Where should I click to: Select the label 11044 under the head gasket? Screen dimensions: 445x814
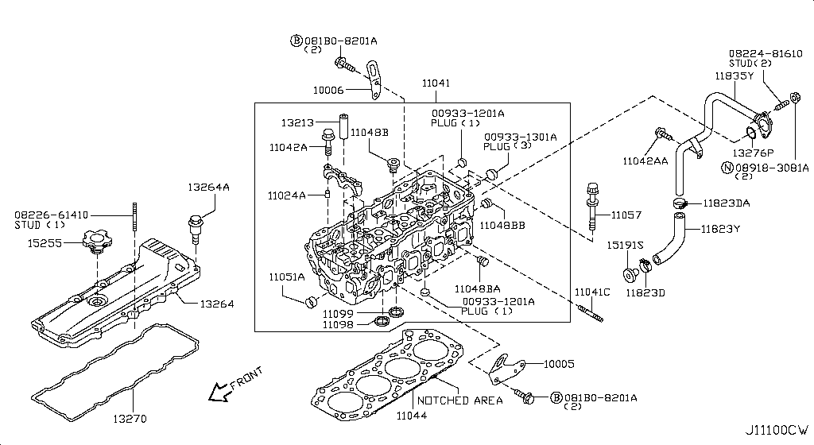pyautogui.click(x=412, y=415)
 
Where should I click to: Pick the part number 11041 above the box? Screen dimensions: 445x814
pyautogui.click(x=436, y=83)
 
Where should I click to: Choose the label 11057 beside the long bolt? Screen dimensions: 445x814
pyautogui.click(x=626, y=215)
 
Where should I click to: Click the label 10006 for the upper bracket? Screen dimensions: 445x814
pyautogui.click(x=328, y=91)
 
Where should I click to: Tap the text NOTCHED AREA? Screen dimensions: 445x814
pyautogui.click(x=459, y=400)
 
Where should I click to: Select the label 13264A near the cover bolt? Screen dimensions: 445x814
pyautogui.click(x=208, y=188)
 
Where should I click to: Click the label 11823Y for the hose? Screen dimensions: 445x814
pyautogui.click(x=719, y=230)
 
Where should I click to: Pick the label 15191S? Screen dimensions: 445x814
pyautogui.click(x=626, y=245)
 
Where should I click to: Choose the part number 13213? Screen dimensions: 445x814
pyautogui.click(x=297, y=122)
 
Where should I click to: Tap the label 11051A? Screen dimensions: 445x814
pyautogui.click(x=286, y=277)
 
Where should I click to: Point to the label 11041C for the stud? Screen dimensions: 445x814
pyautogui.click(x=592, y=292)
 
